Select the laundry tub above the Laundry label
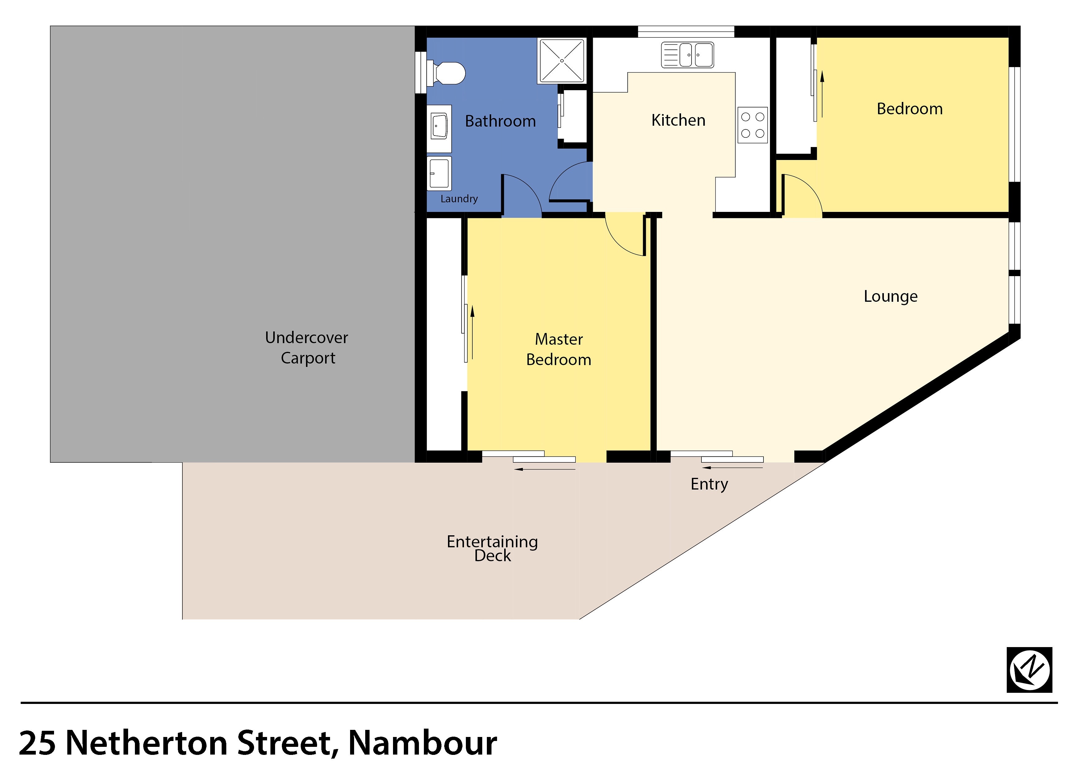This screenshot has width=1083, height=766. (x=439, y=173)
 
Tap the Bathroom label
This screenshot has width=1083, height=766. (x=500, y=121)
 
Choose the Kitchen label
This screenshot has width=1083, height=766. (x=678, y=120)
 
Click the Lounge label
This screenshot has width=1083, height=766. (x=891, y=297)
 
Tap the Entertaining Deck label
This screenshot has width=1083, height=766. (x=492, y=549)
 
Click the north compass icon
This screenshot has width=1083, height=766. (x=1029, y=670)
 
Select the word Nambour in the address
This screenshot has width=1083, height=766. (x=423, y=743)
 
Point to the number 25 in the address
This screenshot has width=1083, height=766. (x=38, y=743)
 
